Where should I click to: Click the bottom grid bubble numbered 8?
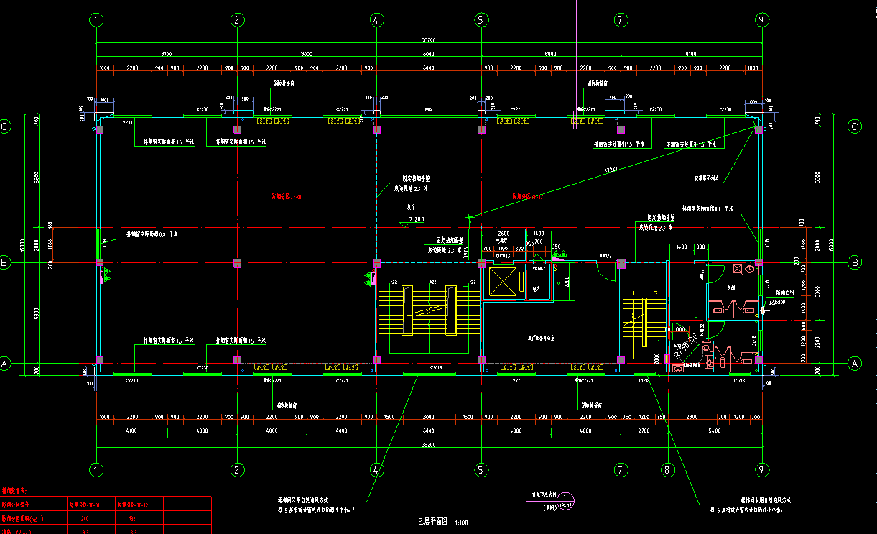pyautogui.click(x=669, y=470)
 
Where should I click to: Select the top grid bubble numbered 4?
pyautogui.click(x=376, y=20)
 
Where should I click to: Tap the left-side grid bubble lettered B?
pyautogui.click(x=5, y=263)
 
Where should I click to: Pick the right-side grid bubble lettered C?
pyautogui.click(x=855, y=127)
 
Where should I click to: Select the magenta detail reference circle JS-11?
pyautogui.click(x=567, y=500)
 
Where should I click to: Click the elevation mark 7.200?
pyautogui.click(x=416, y=219)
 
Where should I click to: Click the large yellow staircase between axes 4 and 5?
pyautogui.click(x=429, y=310)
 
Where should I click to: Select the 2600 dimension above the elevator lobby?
pyautogui.click(x=504, y=234)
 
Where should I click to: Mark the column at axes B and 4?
pyautogui.click(x=376, y=263)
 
